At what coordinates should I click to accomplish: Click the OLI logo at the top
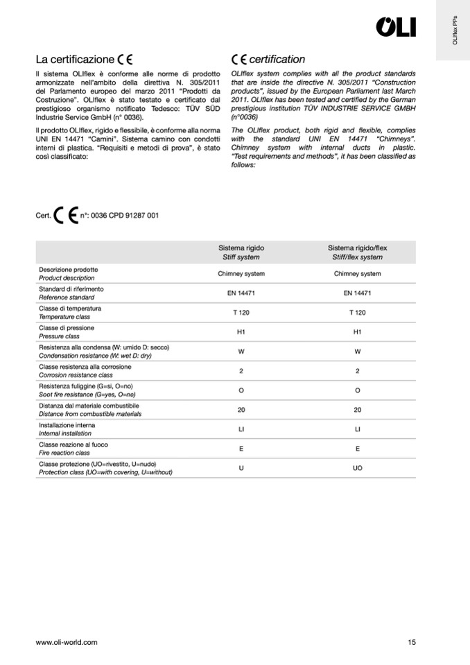pyautogui.click(x=396, y=27)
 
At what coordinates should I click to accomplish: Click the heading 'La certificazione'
pyautogui.click(x=75, y=60)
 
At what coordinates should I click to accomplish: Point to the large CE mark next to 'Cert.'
pyautogui.click(x=65, y=215)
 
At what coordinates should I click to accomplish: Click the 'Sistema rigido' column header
pyautogui.click(x=241, y=252)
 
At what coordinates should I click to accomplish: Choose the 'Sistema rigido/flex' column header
pyautogui.click(x=357, y=252)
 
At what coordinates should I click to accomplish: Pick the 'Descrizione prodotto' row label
pyautogui.click(x=69, y=269)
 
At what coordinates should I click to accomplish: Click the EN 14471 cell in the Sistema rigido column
pyautogui.click(x=241, y=293)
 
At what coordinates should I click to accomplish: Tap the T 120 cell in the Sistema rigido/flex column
pyautogui.click(x=357, y=313)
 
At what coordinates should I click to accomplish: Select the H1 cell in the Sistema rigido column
pyautogui.click(x=241, y=332)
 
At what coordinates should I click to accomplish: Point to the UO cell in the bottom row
pyautogui.click(x=357, y=468)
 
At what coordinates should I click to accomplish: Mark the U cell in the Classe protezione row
pyautogui.click(x=241, y=468)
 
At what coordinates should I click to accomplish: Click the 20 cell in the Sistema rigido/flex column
pyautogui.click(x=357, y=410)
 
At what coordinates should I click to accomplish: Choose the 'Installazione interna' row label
pyautogui.click(x=67, y=424)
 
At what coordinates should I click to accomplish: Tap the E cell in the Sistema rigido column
pyautogui.click(x=241, y=449)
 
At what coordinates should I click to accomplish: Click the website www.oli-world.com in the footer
pyautogui.click(x=67, y=642)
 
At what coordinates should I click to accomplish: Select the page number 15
pyautogui.click(x=412, y=642)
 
